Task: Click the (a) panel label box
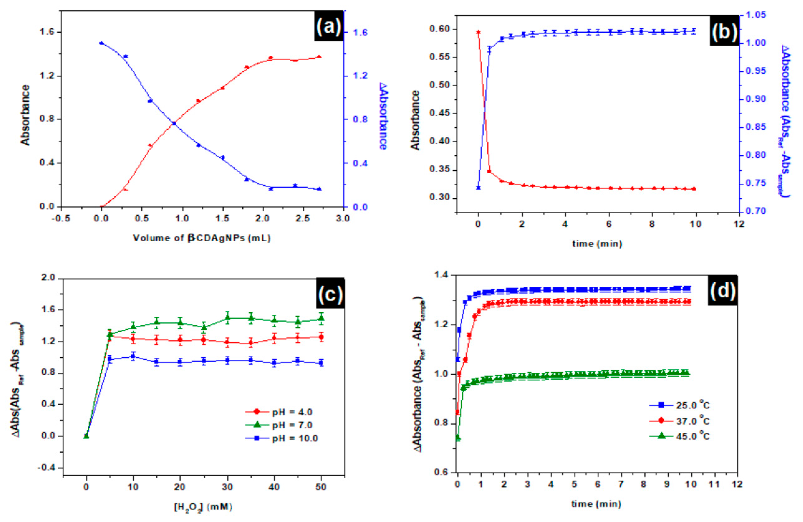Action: [329, 26]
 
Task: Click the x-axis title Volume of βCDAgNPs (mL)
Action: [202, 238]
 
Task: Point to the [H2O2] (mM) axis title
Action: [203, 507]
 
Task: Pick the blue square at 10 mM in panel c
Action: [133, 356]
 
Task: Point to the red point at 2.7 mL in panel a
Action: [319, 57]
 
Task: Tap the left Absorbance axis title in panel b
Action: [416, 120]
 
